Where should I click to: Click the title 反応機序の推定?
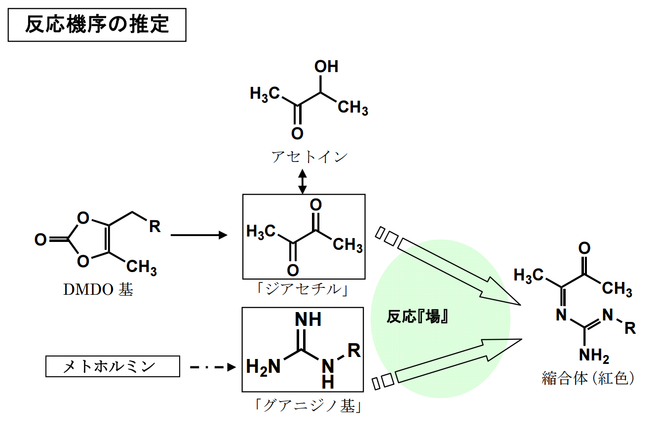tap(97, 25)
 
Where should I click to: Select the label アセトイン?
tap(309, 157)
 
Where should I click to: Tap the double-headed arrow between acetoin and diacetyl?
tap(303, 181)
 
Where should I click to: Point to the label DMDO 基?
tap(98, 289)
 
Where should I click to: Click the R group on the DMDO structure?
tap(155, 227)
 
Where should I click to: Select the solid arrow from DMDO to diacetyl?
tap(197, 235)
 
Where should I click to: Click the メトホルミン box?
tap(113, 366)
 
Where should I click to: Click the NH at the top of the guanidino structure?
tap(308, 319)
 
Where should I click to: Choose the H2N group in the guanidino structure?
tap(263, 366)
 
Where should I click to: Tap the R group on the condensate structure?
tap(630, 328)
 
